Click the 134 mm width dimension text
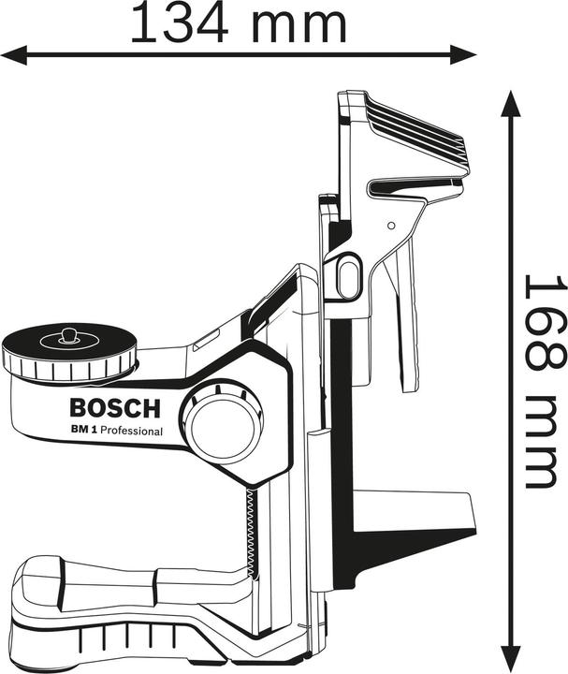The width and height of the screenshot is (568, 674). pos(238,23)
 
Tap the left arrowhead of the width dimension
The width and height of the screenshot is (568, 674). pos(14,55)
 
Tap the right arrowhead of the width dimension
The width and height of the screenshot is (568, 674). pos(463,55)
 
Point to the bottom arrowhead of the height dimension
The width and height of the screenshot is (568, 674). pos(511,658)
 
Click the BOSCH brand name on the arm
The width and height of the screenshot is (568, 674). pos(115,408)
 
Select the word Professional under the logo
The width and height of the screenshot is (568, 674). pos(132,431)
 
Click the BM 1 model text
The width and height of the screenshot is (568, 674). pos(83,430)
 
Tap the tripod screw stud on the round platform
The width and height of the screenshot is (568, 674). pos(67,335)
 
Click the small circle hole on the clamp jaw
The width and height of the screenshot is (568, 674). pos(391,226)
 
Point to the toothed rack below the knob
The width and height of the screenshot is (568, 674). pos(250,533)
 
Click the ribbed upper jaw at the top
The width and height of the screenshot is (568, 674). pos(413,129)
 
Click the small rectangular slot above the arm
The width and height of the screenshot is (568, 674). pos(207,340)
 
